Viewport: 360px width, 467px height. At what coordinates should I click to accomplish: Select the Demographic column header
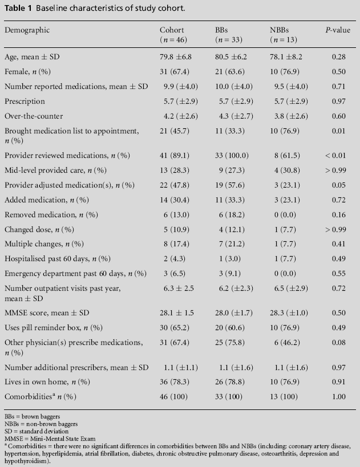(x=27, y=30)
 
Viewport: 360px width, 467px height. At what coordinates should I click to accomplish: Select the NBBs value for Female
(x=286, y=72)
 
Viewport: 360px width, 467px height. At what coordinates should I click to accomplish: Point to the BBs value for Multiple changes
(x=230, y=244)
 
